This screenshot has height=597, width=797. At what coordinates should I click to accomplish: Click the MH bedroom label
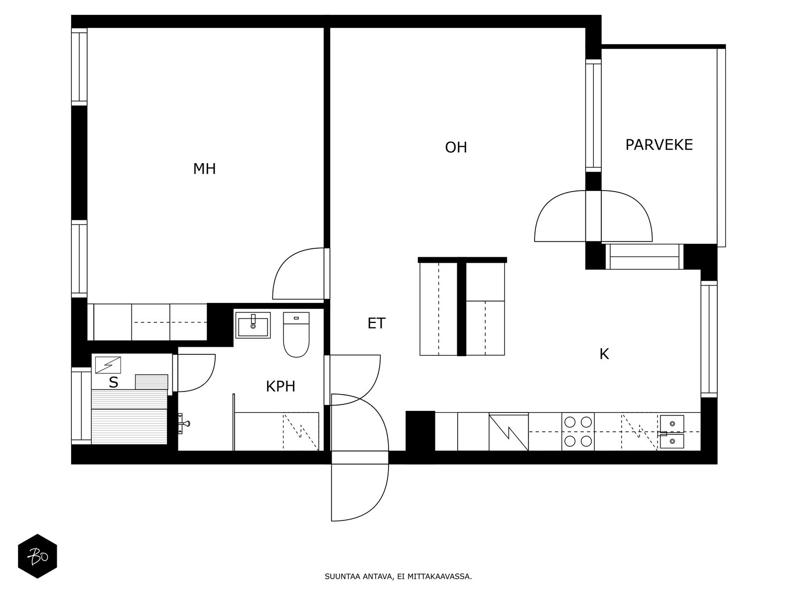[x=204, y=169]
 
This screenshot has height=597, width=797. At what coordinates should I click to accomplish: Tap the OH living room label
[x=456, y=148]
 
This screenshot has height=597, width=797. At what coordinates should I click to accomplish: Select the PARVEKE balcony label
[x=659, y=145]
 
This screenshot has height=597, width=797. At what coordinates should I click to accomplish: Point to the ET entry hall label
[x=376, y=323]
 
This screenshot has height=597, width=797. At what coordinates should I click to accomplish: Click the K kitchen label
[x=604, y=354]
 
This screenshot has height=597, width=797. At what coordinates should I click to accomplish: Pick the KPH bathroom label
[x=280, y=387]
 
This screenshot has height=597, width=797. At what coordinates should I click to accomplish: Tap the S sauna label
[x=113, y=383]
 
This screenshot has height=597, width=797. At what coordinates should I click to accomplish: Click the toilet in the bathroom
[x=296, y=334]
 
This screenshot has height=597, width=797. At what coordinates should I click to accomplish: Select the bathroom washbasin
[x=253, y=325]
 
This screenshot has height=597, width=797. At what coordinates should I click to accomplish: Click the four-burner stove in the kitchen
[x=578, y=432]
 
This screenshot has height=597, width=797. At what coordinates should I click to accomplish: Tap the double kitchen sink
[x=672, y=432]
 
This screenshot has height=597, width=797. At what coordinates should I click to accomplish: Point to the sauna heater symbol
[x=108, y=365]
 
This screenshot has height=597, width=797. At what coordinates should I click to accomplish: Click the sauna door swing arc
[x=207, y=381]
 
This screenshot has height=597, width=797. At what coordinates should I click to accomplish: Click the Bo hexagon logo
[x=38, y=556]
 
